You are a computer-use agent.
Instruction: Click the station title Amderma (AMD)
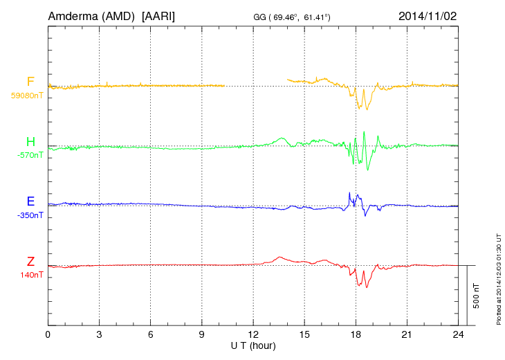pos(92,15)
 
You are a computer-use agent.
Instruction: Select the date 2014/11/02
pos(427,15)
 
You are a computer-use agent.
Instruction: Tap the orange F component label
pos(30,82)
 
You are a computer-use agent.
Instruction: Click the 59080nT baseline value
pos(26,96)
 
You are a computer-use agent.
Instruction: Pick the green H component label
pos(30,143)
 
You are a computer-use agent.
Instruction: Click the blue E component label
pos(30,202)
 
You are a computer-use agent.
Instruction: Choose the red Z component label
pos(30,262)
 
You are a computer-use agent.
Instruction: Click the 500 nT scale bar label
pos(476,296)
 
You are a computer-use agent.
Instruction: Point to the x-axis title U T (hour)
pos(253,345)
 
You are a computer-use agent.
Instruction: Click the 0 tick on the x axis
pos(48,334)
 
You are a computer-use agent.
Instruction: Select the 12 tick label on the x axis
pos(253,334)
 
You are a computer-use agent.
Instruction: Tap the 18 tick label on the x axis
pos(356,334)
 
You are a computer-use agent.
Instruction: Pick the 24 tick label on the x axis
pos(458,334)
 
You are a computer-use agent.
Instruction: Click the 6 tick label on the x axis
pos(150,334)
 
